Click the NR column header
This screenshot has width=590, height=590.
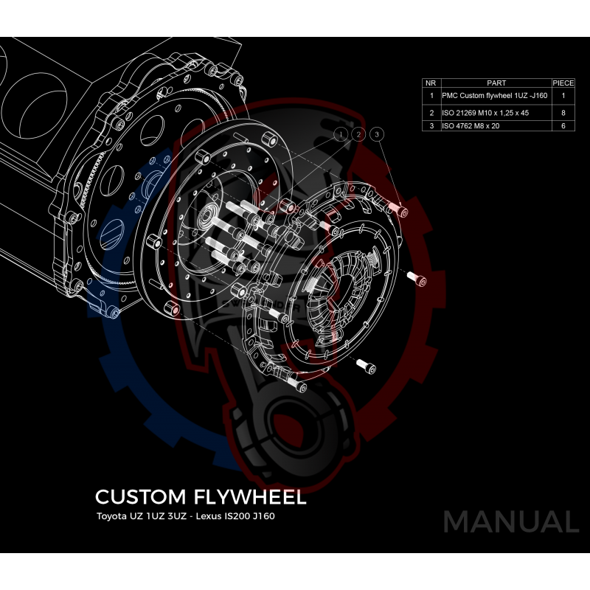tap(431, 83)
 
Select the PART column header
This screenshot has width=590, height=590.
tap(496, 83)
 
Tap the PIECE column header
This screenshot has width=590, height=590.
tap(563, 83)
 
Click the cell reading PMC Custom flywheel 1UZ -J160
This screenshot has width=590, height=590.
tap(494, 96)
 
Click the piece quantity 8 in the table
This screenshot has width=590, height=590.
tap(563, 113)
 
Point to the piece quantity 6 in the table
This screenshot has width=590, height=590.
tap(563, 126)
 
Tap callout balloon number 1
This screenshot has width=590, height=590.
tap(341, 134)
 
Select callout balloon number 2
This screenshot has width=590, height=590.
tap(358, 134)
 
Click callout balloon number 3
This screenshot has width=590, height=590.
tap(377, 134)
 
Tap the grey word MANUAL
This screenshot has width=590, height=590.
tap(510, 521)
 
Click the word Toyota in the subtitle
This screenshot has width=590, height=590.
tap(111, 516)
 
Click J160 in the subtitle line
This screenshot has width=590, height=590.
tap(263, 516)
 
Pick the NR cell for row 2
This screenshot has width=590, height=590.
tap(431, 113)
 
